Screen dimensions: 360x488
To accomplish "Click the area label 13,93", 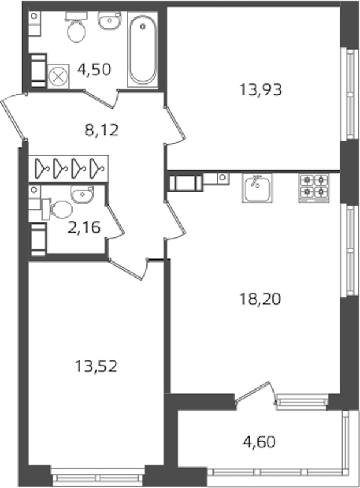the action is coord(260,90).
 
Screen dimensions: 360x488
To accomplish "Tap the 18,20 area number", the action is coord(260,299).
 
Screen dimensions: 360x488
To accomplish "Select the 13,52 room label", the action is coord(96,366).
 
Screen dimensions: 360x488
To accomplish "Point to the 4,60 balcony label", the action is coord(259,442).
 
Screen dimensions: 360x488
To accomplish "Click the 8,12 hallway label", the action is coord(101,130).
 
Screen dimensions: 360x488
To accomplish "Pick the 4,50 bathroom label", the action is coord(94,69).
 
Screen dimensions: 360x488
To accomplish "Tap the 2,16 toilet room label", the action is coord(84,227).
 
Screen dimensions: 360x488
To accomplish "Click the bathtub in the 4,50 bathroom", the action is coord(143,50).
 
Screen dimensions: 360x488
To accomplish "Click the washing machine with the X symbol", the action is coord(59,77).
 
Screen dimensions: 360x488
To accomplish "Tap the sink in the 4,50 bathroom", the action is coord(110,20).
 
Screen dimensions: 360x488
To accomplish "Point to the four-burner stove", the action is coord(314,188).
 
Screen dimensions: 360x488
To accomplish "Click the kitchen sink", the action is coord(257,188).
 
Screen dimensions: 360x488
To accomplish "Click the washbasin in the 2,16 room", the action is coord(82,195).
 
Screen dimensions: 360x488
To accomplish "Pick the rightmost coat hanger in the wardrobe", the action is coord(97,168).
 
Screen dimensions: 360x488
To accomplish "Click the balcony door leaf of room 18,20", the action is coord(251,391).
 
